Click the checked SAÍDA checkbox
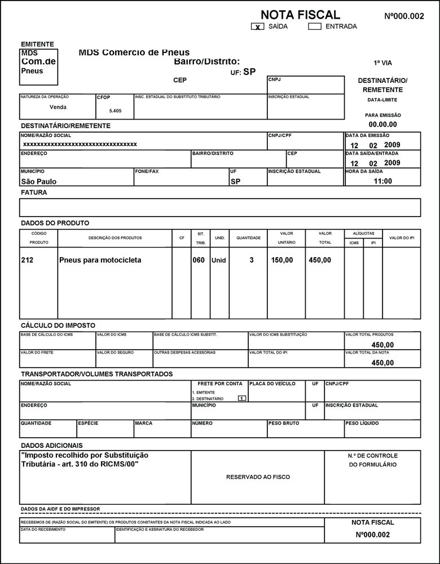258,27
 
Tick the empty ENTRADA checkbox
315,27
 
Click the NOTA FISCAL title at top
300,15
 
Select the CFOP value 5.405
115,111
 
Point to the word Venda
58,107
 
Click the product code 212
27,261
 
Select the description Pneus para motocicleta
100,261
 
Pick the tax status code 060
199,261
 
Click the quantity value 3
252,261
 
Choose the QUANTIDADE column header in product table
248,238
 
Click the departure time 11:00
382,182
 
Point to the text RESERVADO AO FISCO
258,477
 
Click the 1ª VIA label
382,63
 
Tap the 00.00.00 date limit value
382,125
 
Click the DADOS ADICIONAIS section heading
51,446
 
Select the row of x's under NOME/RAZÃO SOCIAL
80,144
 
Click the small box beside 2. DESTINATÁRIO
241,398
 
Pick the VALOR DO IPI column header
402,238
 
